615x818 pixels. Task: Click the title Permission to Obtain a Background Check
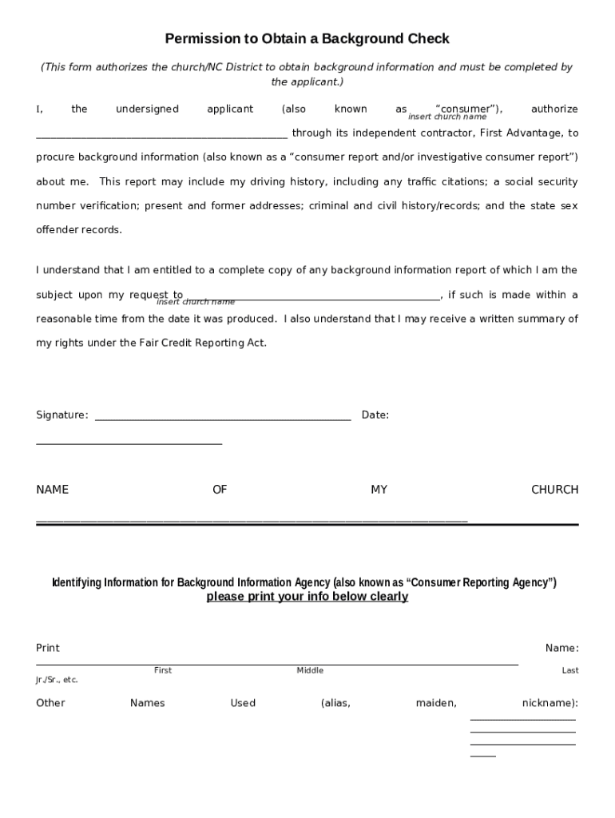(307, 38)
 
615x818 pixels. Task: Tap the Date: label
(375, 415)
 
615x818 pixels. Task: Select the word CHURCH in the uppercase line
(554, 490)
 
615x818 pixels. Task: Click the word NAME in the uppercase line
(52, 490)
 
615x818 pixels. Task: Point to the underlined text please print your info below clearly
(307, 597)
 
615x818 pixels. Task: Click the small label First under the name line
(162, 670)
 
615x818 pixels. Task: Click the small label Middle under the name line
(310, 670)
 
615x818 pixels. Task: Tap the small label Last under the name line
(569, 670)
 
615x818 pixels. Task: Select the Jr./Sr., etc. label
(57, 680)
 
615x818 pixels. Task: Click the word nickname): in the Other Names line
(550, 703)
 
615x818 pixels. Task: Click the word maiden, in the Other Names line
(436, 703)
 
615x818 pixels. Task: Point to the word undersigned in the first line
(147, 109)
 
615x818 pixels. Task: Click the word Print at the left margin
(48, 648)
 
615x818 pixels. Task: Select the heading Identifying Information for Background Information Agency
(304, 582)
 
